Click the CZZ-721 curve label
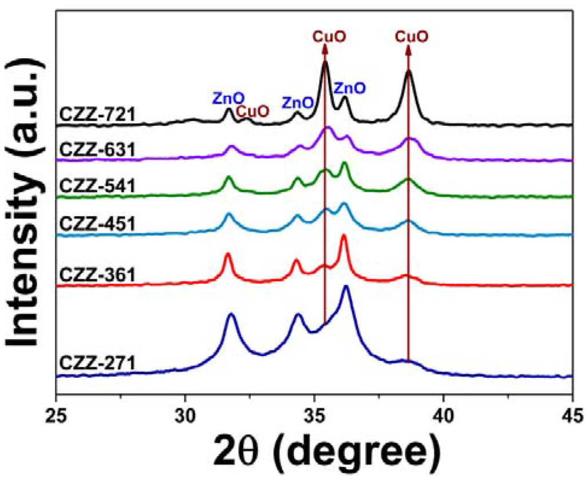coord(96,115)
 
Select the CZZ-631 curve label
coord(96,151)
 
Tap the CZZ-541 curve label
coord(96,187)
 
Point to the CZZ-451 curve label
coord(96,224)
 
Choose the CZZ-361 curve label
coord(96,275)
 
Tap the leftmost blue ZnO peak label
coord(228,98)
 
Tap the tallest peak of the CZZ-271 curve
coord(346,287)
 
